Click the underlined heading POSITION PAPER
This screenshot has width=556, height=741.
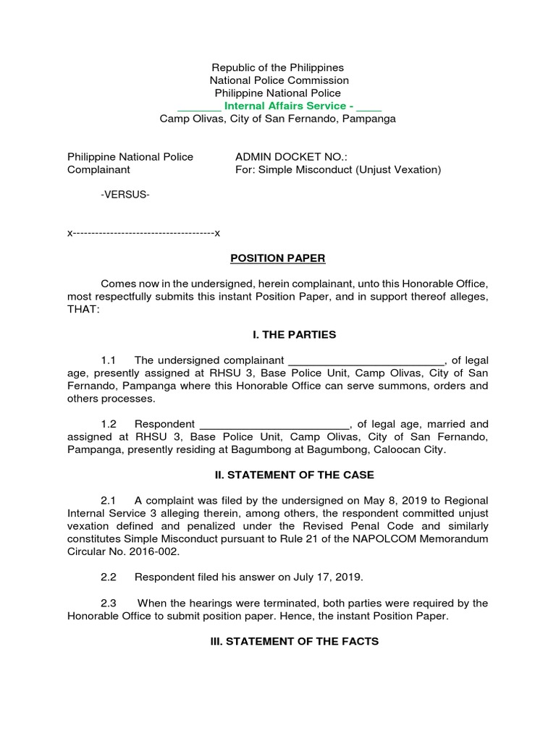click(278, 258)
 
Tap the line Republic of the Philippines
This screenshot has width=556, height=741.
click(278, 67)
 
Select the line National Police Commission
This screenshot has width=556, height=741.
click(279, 80)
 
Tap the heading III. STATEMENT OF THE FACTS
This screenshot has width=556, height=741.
click(278, 641)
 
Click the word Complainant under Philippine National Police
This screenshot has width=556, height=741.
click(98, 170)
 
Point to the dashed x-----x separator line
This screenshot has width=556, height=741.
click(143, 234)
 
